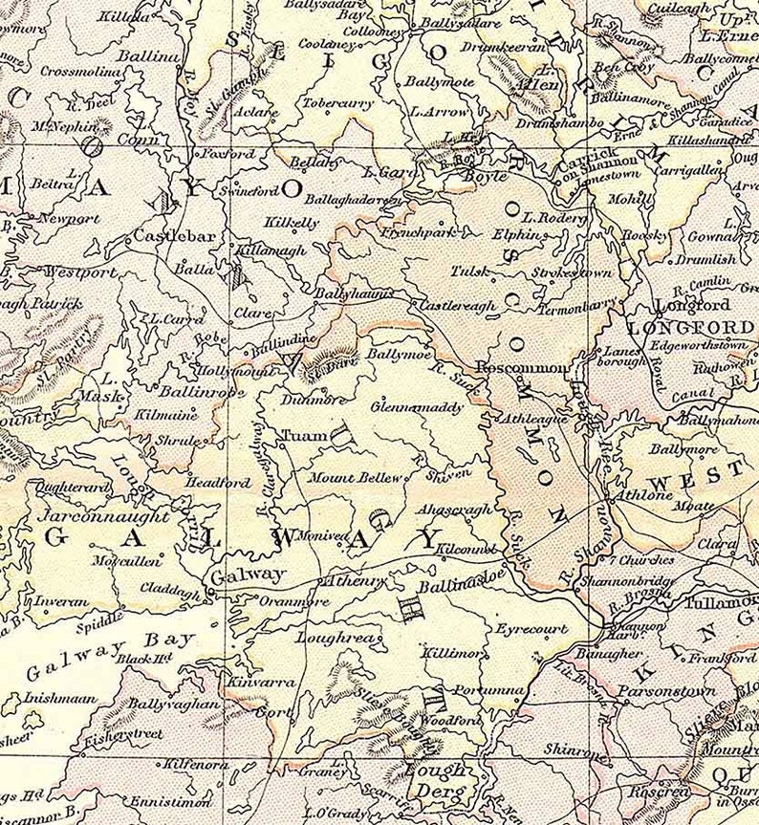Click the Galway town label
click(247, 575)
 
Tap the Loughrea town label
click(331, 635)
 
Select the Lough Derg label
click(435, 780)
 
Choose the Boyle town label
click(482, 175)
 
